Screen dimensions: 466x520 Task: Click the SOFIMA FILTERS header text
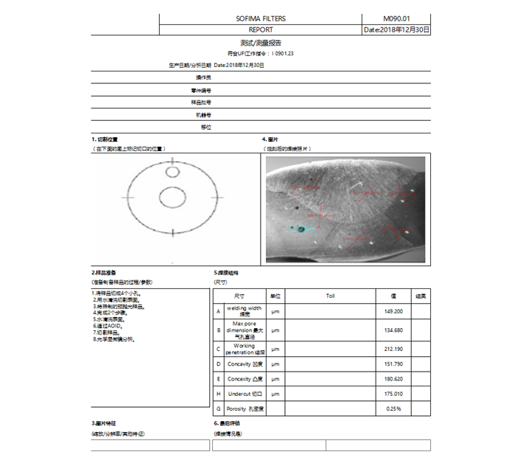click(x=261, y=18)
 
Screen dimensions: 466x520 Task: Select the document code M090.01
click(x=396, y=18)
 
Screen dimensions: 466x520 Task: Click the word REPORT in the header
click(x=261, y=30)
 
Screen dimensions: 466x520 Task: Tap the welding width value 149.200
click(x=393, y=311)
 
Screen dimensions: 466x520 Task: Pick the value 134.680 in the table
click(x=393, y=330)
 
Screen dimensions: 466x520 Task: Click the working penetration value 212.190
click(x=393, y=349)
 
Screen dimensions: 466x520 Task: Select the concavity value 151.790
click(x=393, y=364)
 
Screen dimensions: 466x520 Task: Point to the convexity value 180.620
click(x=393, y=379)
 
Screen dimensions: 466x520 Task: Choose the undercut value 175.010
click(x=393, y=394)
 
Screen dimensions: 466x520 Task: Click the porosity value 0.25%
click(x=393, y=408)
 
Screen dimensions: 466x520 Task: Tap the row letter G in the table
click(x=218, y=408)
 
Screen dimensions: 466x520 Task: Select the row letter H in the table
click(x=218, y=394)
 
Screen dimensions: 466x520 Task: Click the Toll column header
click(x=331, y=296)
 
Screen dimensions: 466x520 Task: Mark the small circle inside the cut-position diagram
click(x=172, y=172)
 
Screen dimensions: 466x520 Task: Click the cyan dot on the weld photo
click(x=301, y=229)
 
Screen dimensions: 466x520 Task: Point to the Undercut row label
click(x=245, y=394)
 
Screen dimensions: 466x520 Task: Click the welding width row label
click(x=244, y=311)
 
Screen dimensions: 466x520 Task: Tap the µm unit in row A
click(x=275, y=311)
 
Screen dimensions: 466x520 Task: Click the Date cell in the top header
click(x=396, y=30)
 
